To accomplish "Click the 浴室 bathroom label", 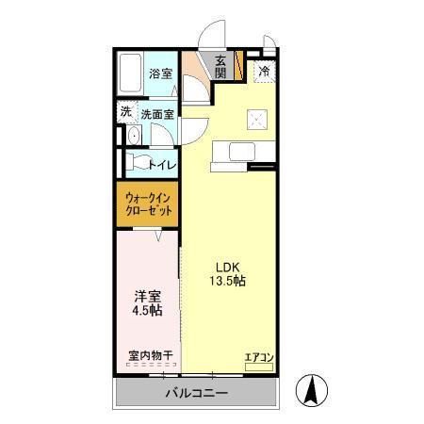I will [160, 73].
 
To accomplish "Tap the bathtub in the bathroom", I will [130, 74].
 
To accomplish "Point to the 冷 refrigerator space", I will [264, 71].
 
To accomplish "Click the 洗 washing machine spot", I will [126, 112].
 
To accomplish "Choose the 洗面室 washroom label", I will [157, 114].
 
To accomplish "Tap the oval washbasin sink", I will [132, 136].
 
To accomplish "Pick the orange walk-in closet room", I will [148, 205].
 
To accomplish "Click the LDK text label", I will [226, 266].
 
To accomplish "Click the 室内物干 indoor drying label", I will [149, 356].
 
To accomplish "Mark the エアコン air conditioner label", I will [258, 356].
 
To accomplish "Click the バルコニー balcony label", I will [196, 392].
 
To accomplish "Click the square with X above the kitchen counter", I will [257, 118].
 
